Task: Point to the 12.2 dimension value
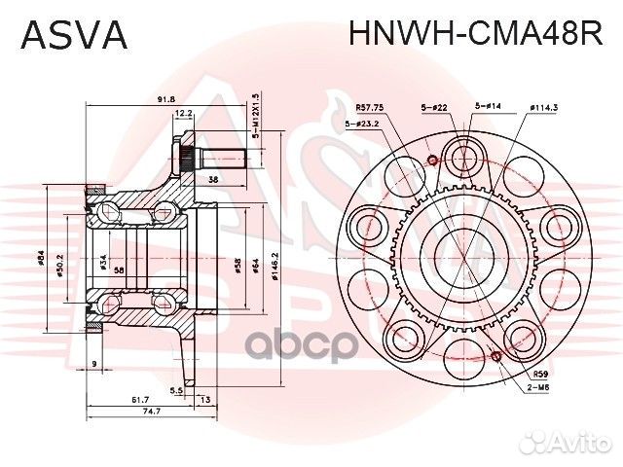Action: [183, 114]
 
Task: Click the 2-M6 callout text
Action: [540, 386]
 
